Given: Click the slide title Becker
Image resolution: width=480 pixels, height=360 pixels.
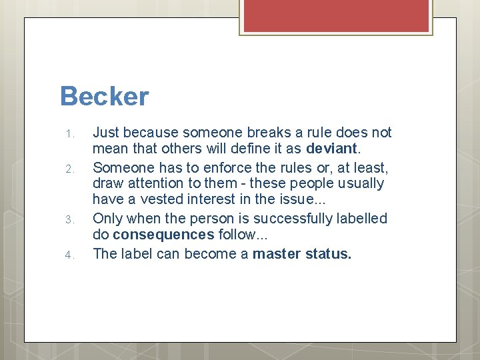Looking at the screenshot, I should click(x=104, y=97).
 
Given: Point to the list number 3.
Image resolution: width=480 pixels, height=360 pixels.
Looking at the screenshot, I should click(x=71, y=219).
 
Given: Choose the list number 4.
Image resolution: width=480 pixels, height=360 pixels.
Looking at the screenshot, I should click(x=71, y=254).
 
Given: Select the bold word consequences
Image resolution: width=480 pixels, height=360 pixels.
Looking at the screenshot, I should click(x=164, y=235).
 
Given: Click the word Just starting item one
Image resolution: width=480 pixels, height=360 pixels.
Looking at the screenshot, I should click(x=106, y=133).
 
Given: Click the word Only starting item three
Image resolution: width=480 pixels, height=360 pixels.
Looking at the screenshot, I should click(x=108, y=218).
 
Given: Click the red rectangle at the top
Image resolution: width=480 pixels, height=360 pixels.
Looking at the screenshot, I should click(x=337, y=15).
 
